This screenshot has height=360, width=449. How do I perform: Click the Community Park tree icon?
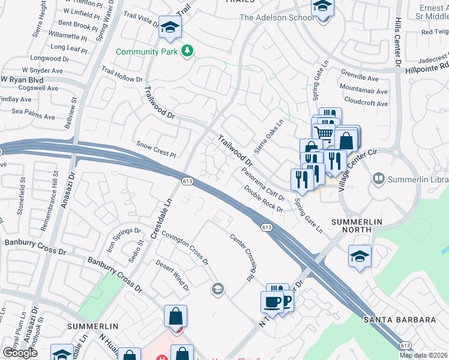(187, 52)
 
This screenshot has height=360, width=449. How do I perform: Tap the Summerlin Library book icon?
(379, 178)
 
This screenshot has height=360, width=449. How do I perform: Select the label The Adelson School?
(277, 17)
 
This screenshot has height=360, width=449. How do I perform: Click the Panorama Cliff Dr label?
(262, 184)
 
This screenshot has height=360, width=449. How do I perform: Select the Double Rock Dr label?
(264, 198)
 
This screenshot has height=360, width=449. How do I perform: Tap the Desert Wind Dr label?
(173, 275)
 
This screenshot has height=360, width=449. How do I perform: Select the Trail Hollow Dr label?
(122, 75)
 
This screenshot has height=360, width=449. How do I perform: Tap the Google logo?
(20, 353)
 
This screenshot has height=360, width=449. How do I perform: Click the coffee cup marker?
(272, 301)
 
